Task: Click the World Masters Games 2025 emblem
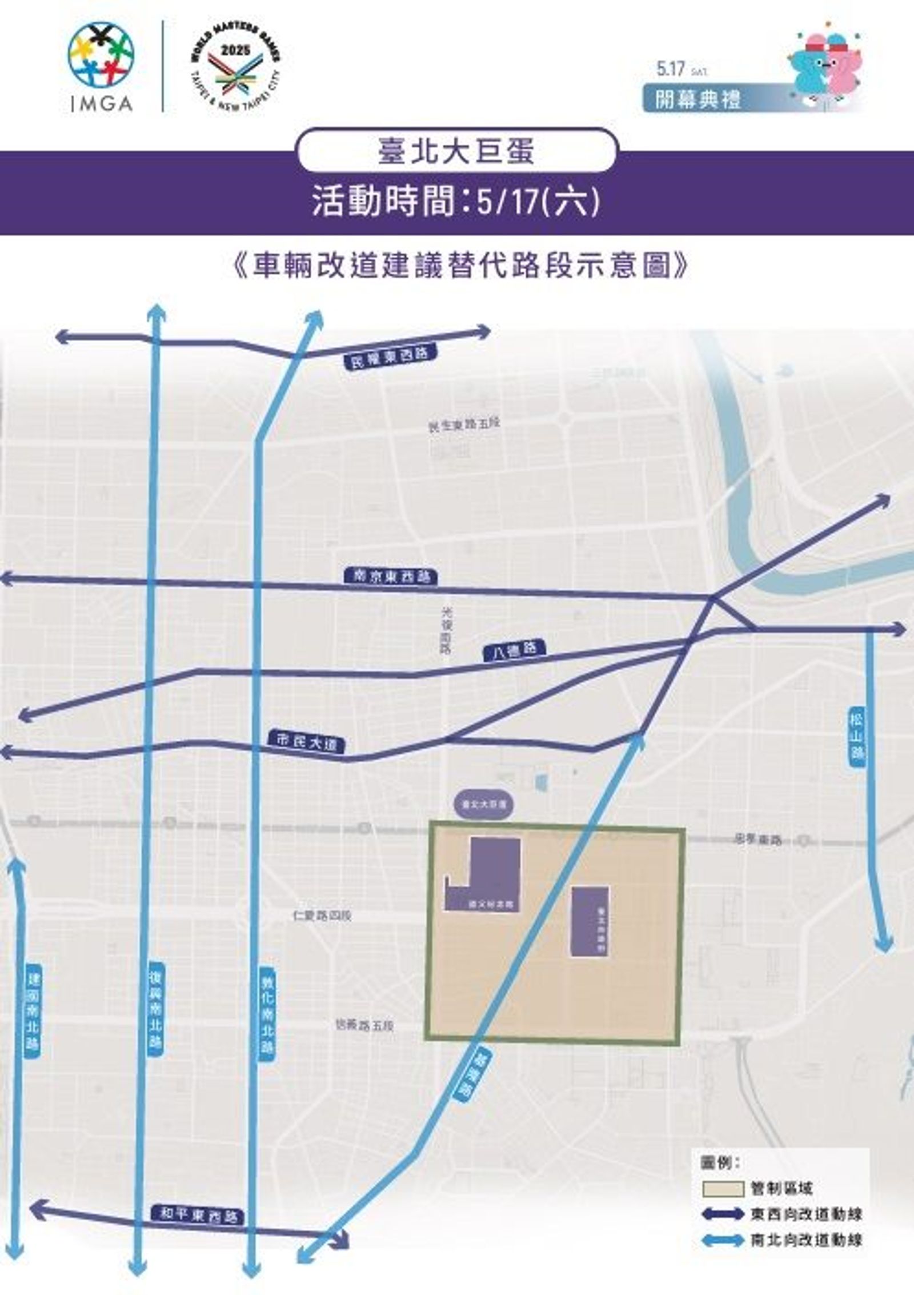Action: click(235, 67)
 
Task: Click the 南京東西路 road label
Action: click(391, 576)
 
